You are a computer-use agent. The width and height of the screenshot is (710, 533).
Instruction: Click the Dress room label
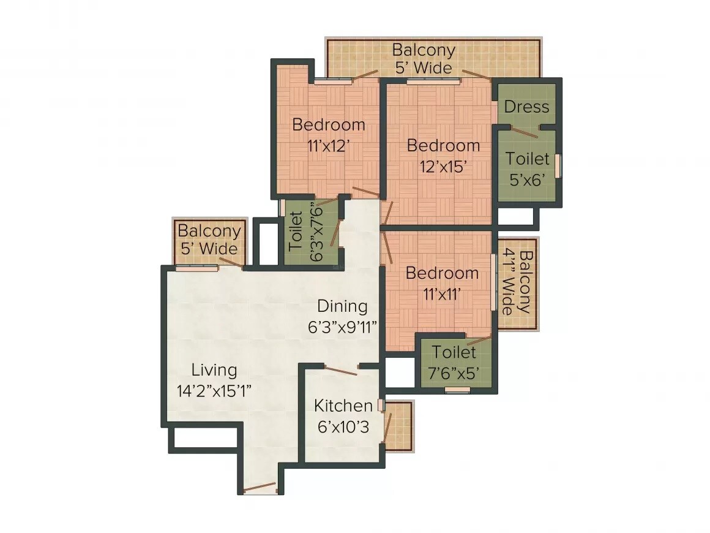(526, 107)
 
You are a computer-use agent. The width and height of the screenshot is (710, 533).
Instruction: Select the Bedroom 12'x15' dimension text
(443, 166)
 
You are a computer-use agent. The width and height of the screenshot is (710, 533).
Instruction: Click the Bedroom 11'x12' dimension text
(328, 145)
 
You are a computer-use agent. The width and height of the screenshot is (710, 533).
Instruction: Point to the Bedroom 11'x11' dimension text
(442, 293)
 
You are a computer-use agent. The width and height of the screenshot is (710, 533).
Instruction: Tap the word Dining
(342, 306)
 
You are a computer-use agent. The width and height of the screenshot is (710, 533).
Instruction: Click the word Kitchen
(343, 406)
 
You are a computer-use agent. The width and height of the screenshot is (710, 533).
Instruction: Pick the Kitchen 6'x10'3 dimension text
(343, 427)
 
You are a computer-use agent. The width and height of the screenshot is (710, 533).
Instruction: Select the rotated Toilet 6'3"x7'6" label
(306, 232)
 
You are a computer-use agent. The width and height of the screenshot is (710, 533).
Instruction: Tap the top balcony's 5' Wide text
(423, 67)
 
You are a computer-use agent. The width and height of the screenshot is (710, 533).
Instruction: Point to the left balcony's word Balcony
(209, 231)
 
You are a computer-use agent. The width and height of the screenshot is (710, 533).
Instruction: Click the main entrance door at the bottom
(260, 488)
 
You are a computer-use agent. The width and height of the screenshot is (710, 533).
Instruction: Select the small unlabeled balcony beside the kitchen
(399, 426)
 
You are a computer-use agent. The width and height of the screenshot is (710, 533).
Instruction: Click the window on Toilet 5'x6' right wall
(558, 165)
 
